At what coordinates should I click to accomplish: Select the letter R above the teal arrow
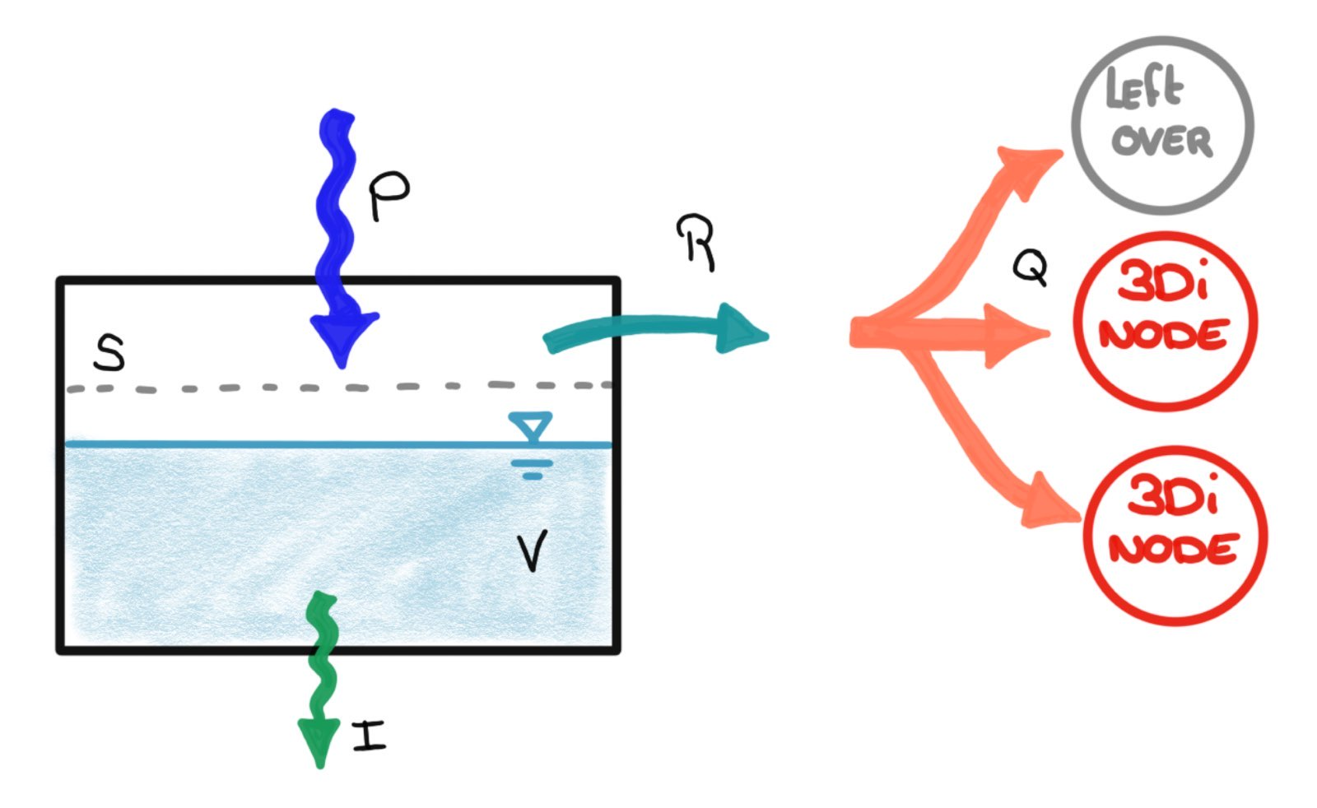[x=696, y=242]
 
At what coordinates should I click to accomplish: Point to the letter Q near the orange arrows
[x=1030, y=267]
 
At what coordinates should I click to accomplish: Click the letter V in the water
[x=532, y=550]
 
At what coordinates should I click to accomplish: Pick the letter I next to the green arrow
[x=369, y=735]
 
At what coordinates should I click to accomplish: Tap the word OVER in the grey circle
[x=1161, y=142]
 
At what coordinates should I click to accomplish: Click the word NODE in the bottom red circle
[x=1174, y=548]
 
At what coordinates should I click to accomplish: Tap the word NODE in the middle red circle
[x=1163, y=335]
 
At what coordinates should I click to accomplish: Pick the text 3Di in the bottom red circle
[x=1171, y=496]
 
